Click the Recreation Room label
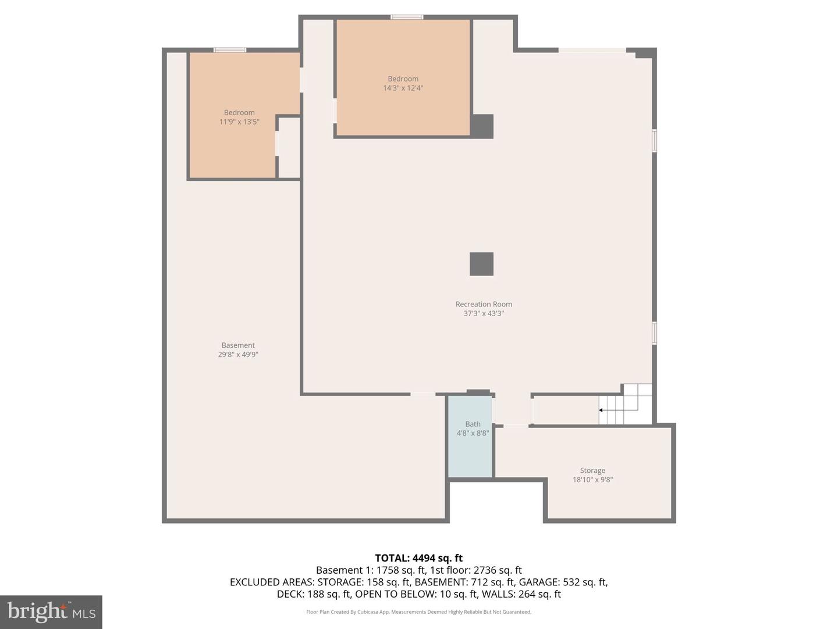point(484,304)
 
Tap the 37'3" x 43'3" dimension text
point(484,313)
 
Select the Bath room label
point(473,424)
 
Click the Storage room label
point(592,471)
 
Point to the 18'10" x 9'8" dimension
point(592,480)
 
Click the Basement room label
point(238,345)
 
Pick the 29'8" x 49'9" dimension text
point(238,355)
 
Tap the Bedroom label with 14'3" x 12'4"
point(403,79)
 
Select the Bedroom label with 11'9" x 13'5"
point(239,112)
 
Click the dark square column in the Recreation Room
point(481,264)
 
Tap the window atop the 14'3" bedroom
point(407,17)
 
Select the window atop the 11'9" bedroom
point(230,50)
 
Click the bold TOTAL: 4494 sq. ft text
point(418,558)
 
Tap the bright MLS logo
point(51,612)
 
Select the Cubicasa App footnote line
point(418,612)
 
